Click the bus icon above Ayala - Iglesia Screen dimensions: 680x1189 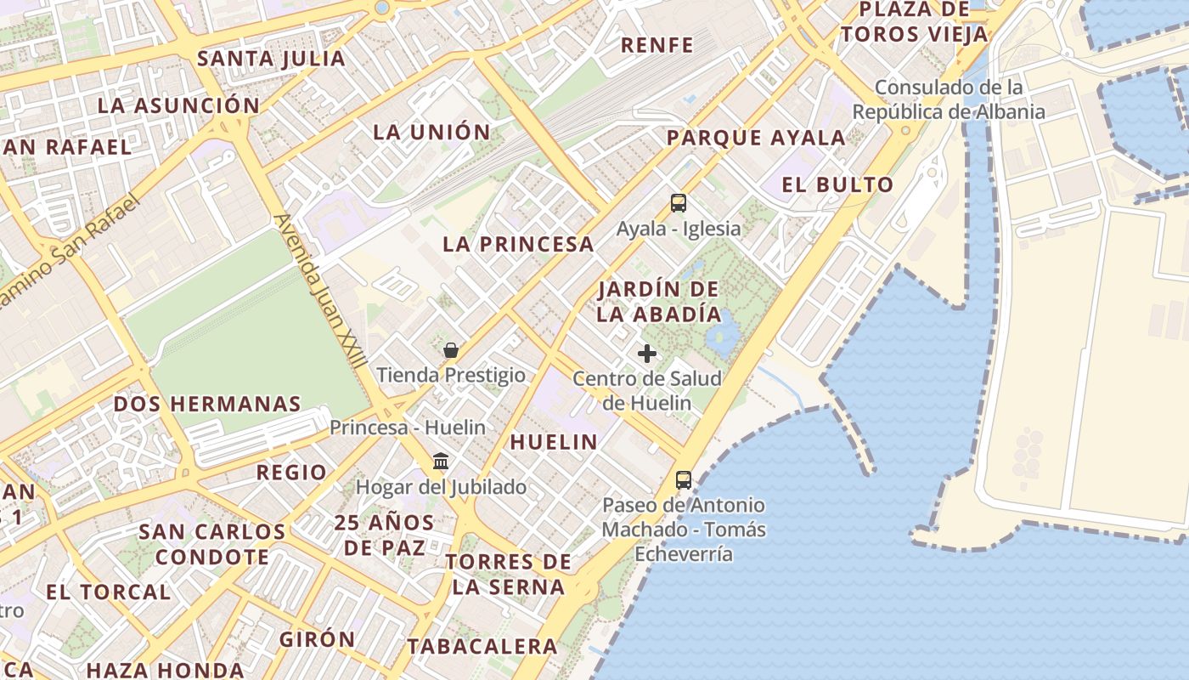tap(678, 203)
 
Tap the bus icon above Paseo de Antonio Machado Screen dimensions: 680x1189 tap(684, 479)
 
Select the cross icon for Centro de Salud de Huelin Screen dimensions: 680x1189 tap(647, 353)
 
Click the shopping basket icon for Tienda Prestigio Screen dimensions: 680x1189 tap(451, 350)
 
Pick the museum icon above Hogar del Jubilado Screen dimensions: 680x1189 tap(441, 462)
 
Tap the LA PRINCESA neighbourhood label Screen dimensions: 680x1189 tap(518, 244)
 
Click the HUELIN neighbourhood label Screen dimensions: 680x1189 tap(554, 442)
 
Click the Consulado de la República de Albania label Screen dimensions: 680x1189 tap(948, 99)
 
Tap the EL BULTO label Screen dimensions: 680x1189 tap(837, 184)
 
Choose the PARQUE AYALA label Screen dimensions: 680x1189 tap(756, 138)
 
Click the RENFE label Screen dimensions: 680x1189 tap(657, 45)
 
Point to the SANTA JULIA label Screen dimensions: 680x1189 tap(271, 59)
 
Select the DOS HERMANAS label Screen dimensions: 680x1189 tap(207, 404)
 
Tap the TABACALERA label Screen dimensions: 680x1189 tap(482, 646)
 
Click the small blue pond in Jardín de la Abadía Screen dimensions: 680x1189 tap(720, 333)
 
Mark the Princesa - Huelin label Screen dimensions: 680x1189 tap(408, 428)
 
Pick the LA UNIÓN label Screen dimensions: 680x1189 tap(432, 132)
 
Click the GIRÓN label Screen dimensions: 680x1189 tap(318, 639)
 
